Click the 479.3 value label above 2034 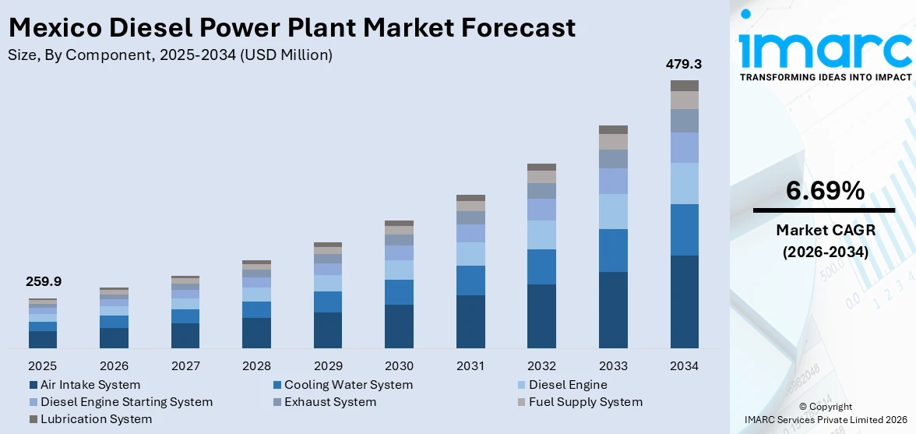point(684,65)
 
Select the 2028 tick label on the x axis point(256,365)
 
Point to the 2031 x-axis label point(470,365)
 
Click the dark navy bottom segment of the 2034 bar point(685,302)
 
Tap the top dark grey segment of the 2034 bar point(685,86)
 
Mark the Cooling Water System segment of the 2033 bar point(613,250)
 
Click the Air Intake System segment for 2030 point(399,326)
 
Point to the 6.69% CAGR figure point(825,191)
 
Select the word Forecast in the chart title point(511,28)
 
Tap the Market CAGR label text point(825,230)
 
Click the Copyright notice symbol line point(825,407)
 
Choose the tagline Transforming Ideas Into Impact point(825,77)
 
